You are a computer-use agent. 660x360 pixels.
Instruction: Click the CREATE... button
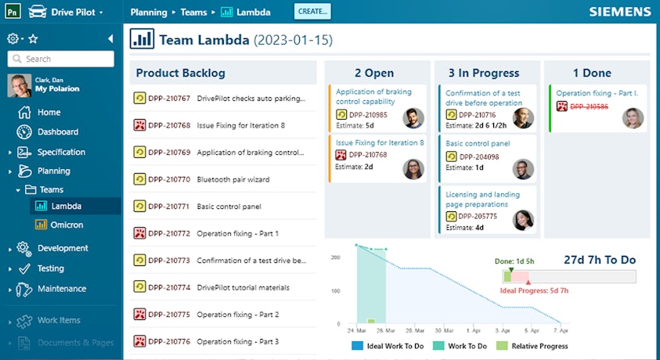tap(313, 11)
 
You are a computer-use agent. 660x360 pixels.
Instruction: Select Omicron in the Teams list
tap(67, 225)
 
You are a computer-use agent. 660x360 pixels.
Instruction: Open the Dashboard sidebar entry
tap(57, 132)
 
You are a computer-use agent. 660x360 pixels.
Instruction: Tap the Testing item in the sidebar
tap(51, 268)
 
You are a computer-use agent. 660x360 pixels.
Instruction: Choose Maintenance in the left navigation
tap(61, 289)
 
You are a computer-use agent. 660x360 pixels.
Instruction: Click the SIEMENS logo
tap(620, 12)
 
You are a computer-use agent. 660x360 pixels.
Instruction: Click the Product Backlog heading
tap(181, 73)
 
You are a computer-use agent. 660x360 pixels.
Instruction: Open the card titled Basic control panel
tap(478, 144)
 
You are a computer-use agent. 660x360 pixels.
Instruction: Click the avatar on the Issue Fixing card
tap(413, 169)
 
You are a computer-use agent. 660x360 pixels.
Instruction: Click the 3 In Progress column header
tap(484, 73)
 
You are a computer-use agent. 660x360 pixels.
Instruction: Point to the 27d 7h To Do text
tap(600, 260)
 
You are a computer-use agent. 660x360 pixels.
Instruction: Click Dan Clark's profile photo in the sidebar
tap(20, 85)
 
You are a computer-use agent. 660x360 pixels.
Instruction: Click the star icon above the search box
tap(33, 38)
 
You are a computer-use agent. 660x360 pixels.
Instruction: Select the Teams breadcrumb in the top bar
tap(193, 12)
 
